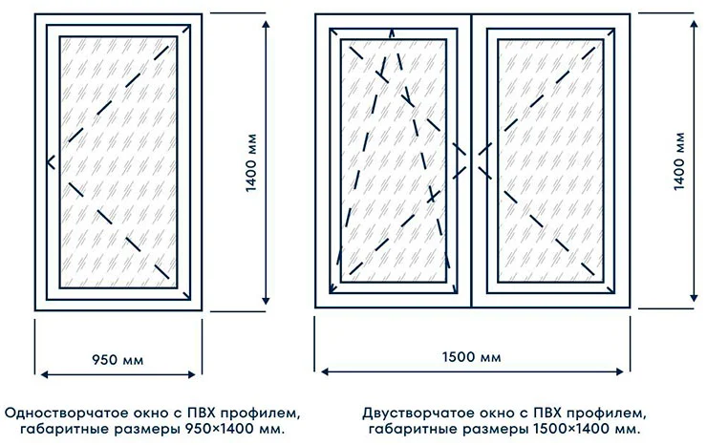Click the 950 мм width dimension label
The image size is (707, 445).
[x=118, y=360]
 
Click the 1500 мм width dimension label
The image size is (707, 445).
[x=472, y=359]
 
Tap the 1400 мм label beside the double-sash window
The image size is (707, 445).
[x=680, y=161]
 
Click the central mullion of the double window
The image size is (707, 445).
[x=472, y=162]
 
